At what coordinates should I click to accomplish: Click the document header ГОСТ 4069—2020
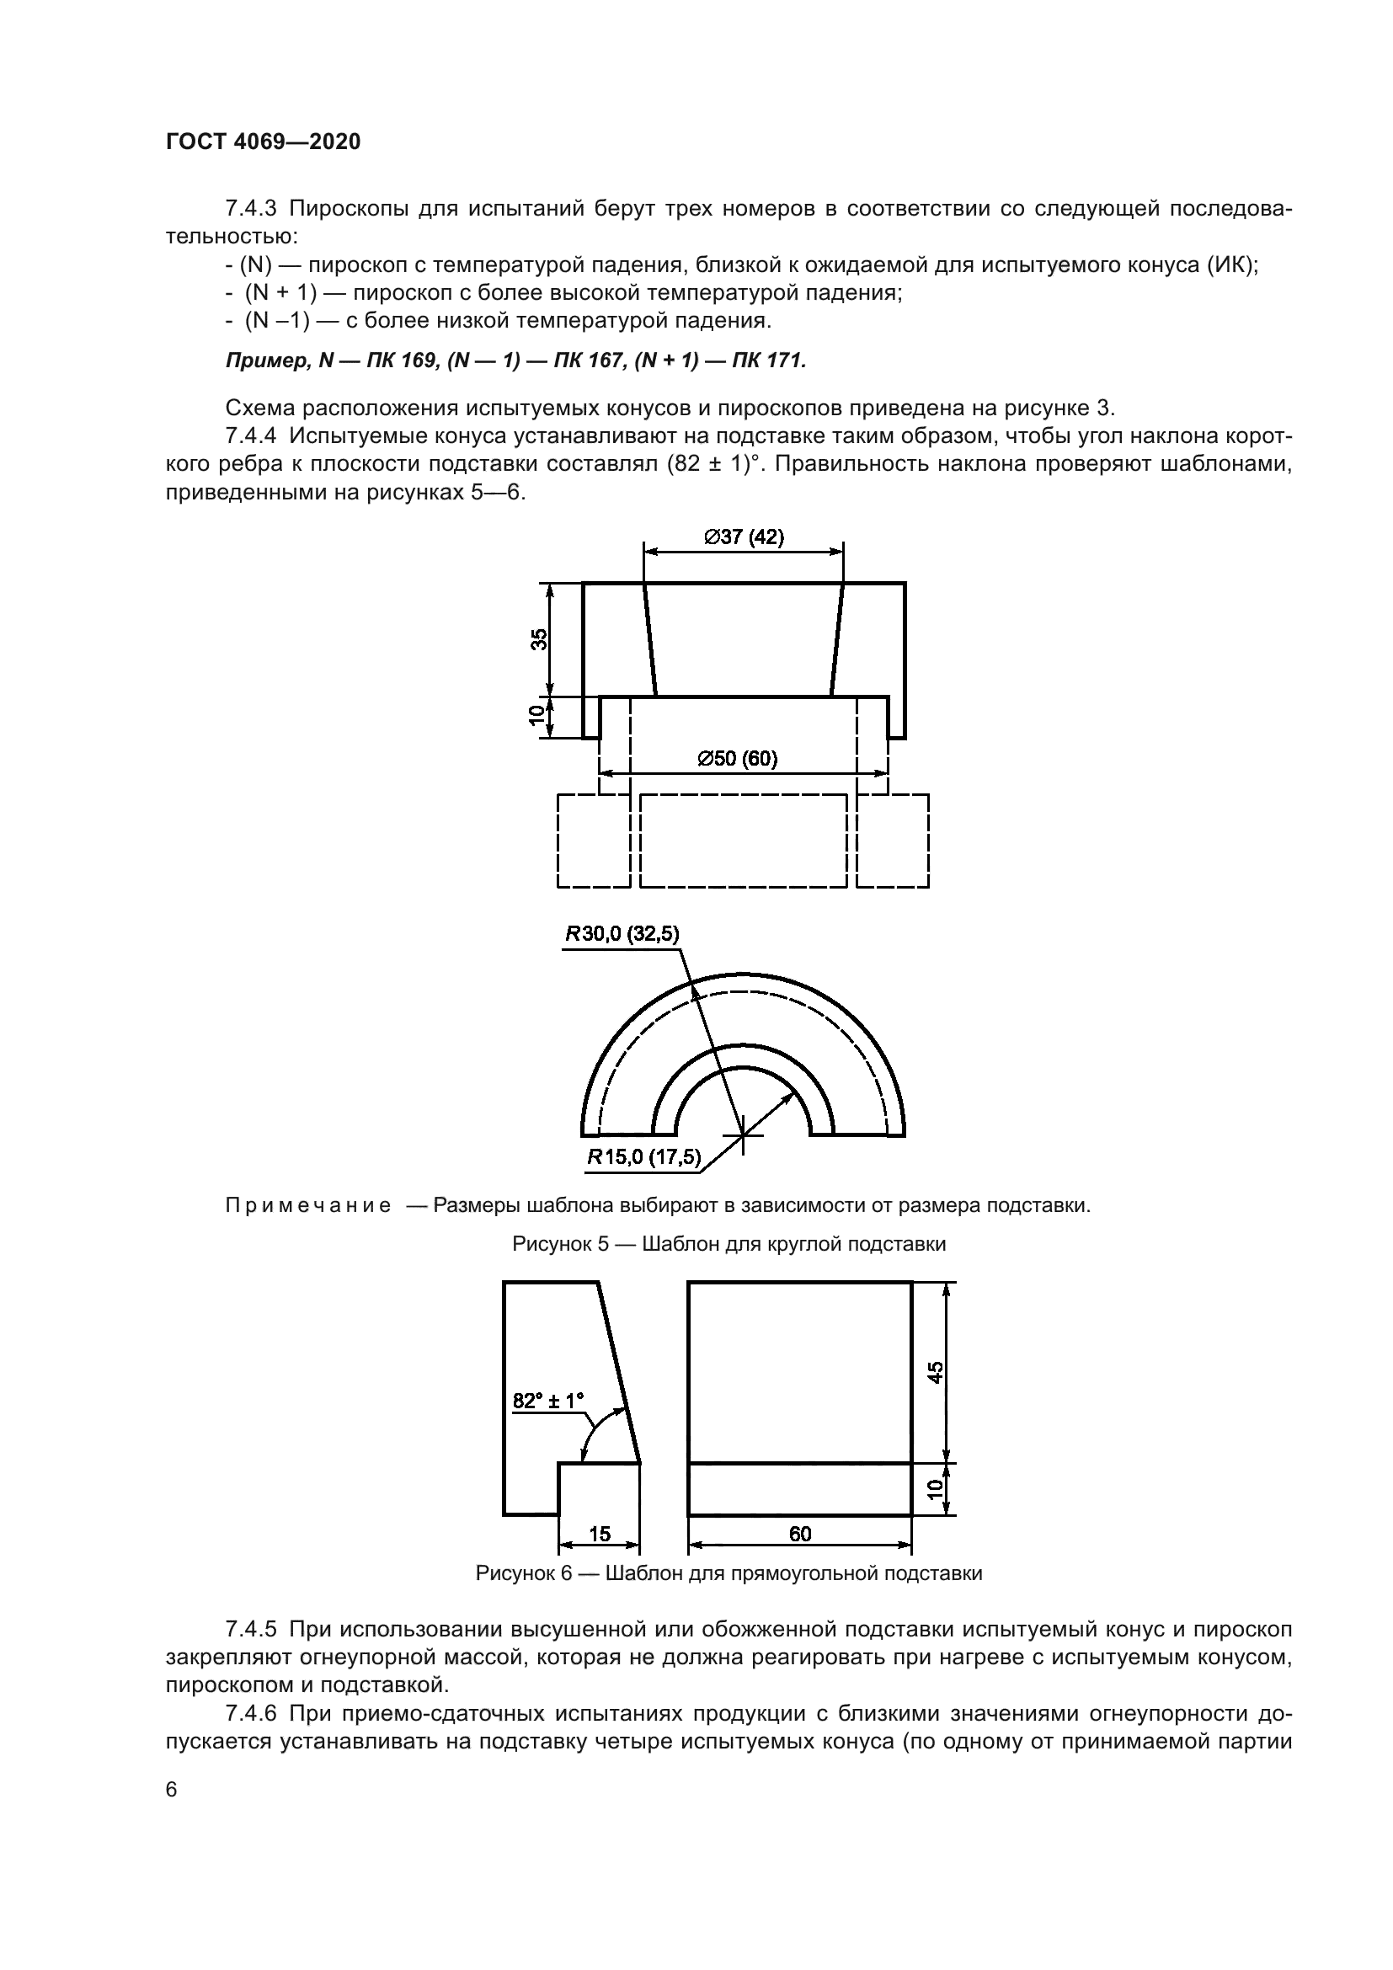[x=264, y=141]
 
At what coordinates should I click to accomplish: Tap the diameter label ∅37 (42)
[x=744, y=537]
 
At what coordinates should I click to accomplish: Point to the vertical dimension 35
[x=538, y=639]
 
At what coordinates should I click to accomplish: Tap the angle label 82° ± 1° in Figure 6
[x=548, y=1401]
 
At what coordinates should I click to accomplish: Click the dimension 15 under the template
[x=600, y=1533]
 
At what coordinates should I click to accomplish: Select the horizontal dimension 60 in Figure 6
[x=799, y=1533]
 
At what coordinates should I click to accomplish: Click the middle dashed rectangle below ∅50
[x=744, y=841]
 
